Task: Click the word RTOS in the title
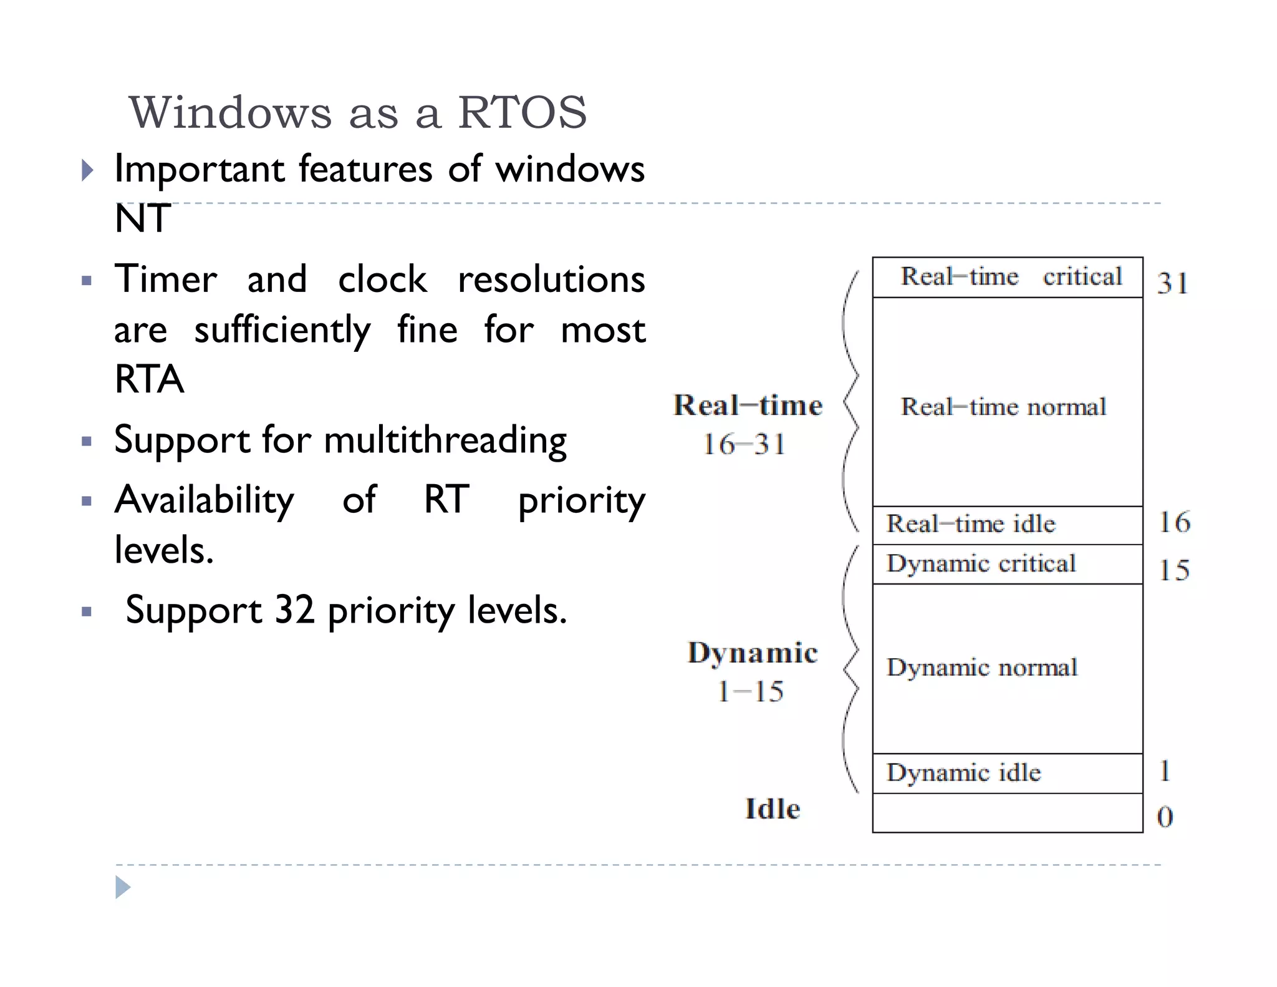pos(523,113)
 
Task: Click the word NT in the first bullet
pos(143,219)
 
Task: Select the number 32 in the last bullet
pos(294,610)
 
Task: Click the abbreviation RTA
pos(149,379)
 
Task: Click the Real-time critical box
pos(1008,277)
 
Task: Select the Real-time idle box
pos(1008,525)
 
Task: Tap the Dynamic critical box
pos(1008,564)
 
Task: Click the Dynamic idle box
pos(1008,774)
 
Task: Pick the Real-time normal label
pos(1003,407)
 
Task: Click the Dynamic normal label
pos(982,668)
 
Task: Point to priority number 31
pos(1173,283)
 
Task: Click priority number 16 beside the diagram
pos(1175,522)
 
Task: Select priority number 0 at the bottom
pos(1165,816)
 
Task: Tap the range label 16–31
pos(745,445)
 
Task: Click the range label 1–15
pos(751,691)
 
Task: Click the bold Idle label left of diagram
pos(773,809)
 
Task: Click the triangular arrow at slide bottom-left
pos(123,887)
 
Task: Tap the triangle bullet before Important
pos(87,170)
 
